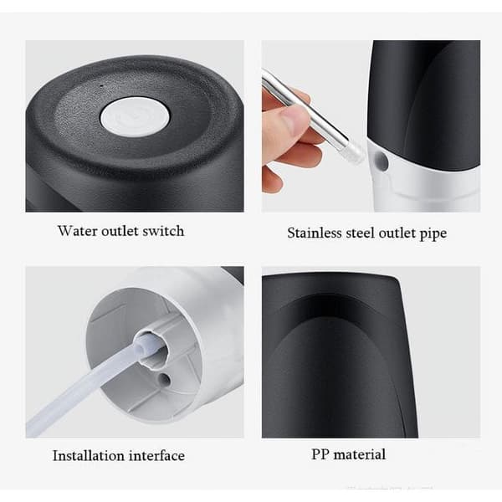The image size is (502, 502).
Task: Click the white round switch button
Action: pos(135,117)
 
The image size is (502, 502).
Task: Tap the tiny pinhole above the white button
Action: pos(102,85)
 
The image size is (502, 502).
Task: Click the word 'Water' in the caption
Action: pos(77,231)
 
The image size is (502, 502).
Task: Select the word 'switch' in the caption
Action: pos(163,231)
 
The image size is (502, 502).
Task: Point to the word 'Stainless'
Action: pos(315,233)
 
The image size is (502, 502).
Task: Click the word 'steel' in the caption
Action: pos(360,233)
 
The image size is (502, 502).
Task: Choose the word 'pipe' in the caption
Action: pos(433,233)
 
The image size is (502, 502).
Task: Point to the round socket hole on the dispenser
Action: pos(382,161)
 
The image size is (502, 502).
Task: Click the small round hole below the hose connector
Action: pos(164,379)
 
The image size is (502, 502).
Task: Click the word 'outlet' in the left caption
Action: pos(120,231)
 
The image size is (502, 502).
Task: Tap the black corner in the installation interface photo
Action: pos(233,274)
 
